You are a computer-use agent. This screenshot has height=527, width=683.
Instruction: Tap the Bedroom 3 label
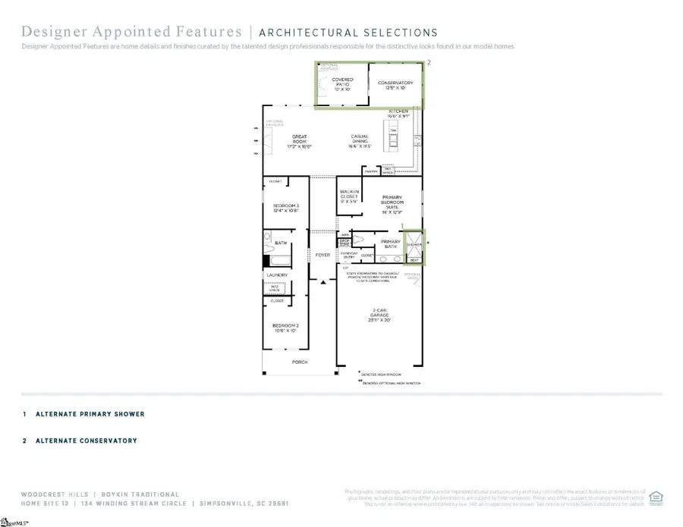[x=286, y=207]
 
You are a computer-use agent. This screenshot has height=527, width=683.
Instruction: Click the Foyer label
[x=323, y=255]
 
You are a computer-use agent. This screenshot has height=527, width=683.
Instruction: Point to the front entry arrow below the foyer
[x=323, y=282]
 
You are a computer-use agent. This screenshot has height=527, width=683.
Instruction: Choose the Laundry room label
[x=278, y=274]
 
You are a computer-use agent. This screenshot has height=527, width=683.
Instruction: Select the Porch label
[x=300, y=362]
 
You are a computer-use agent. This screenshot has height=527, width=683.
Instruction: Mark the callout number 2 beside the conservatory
[x=429, y=63]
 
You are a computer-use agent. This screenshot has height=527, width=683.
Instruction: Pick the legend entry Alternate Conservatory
[x=86, y=441]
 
